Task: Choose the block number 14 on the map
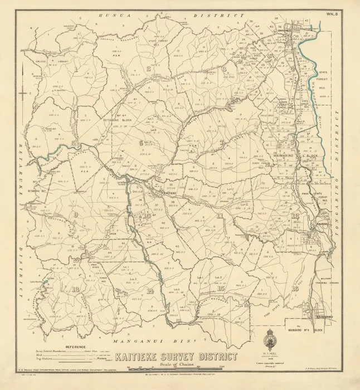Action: coord(149,291)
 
